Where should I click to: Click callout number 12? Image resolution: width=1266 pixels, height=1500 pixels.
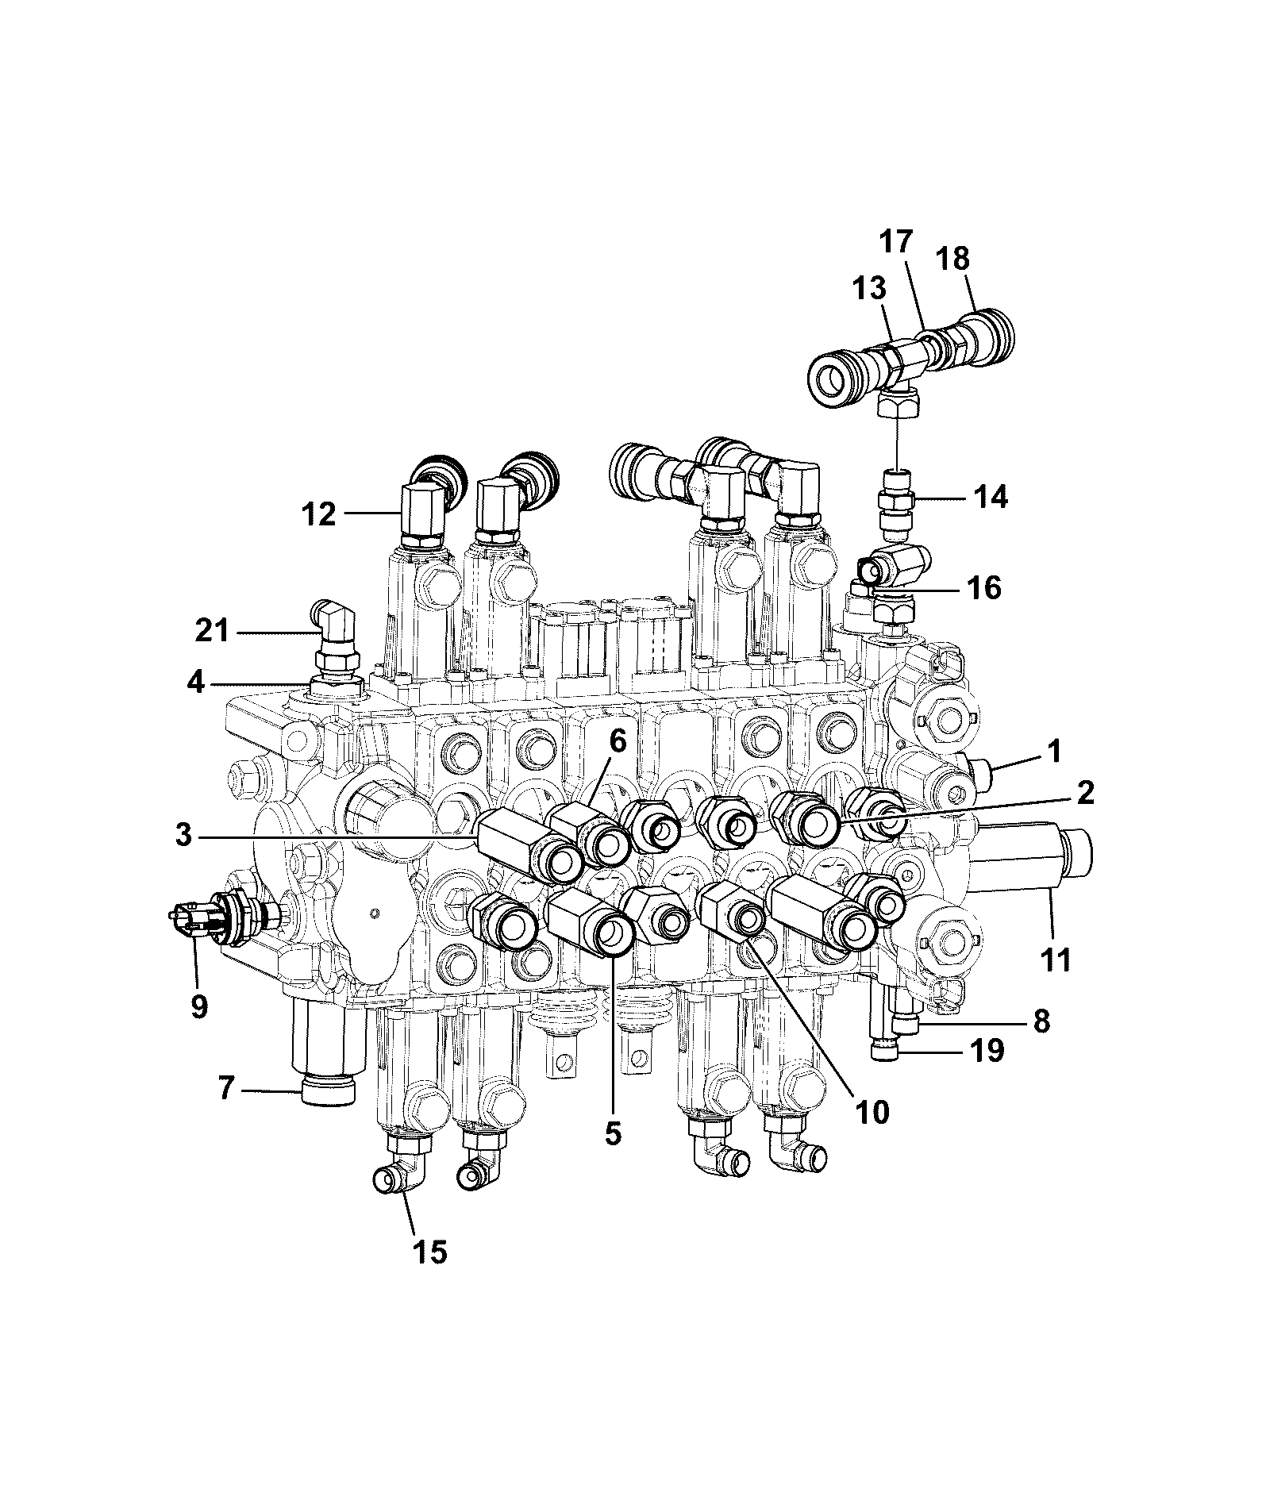tap(319, 515)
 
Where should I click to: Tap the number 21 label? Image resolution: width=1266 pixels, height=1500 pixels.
tap(213, 632)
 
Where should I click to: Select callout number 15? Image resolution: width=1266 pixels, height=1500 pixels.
tap(429, 1252)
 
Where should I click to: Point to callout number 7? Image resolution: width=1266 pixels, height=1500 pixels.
tap(226, 1087)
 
